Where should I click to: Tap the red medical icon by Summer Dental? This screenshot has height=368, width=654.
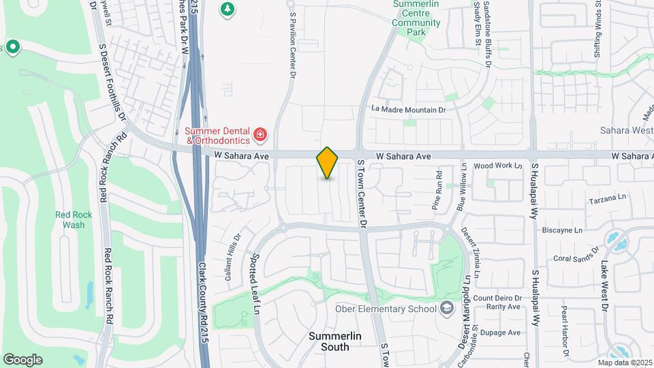259,135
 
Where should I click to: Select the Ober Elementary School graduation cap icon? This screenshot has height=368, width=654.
446,309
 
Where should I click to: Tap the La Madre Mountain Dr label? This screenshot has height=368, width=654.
408,109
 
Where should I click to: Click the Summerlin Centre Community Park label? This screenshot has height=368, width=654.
417,18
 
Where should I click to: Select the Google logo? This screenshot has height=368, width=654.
22,359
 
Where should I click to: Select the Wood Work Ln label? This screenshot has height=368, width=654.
497,166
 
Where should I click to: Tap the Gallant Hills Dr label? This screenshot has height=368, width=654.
233,258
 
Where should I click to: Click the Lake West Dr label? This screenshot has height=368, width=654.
604,287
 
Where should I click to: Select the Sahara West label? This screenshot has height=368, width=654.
626,130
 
